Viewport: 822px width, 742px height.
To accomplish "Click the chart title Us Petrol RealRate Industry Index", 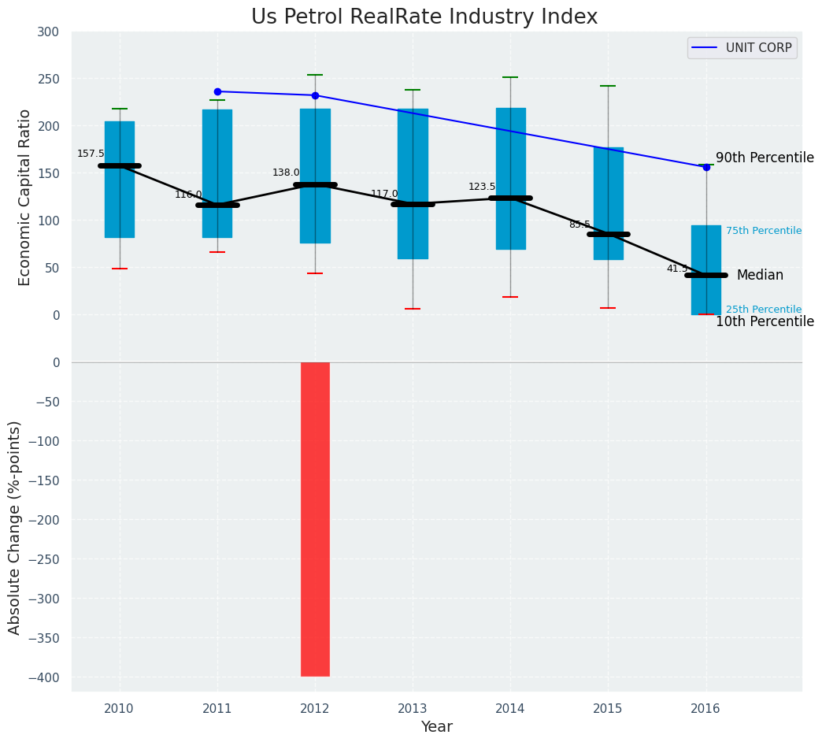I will (424, 17).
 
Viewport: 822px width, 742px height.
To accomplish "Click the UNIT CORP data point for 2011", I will (217, 91).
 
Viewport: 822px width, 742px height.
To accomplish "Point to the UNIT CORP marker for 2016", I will (706, 167).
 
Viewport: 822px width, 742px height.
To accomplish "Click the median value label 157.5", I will (91, 154).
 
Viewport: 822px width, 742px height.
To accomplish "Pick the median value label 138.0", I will (286, 173).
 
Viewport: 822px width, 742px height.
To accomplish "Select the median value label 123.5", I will (482, 187).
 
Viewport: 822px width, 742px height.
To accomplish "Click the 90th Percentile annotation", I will (765, 158).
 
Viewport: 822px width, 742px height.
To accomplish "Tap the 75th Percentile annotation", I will (764, 231).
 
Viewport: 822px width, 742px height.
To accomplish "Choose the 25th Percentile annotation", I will (764, 310).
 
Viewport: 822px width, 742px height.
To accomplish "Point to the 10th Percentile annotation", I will (765, 321).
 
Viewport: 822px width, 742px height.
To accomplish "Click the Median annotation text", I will (760, 275).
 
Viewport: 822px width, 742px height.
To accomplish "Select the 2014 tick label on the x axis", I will (510, 709).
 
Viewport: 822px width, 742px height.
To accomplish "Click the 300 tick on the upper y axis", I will (48, 32).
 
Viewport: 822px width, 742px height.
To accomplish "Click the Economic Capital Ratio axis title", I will (25, 197).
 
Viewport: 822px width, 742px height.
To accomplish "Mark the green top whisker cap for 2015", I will (608, 86).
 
